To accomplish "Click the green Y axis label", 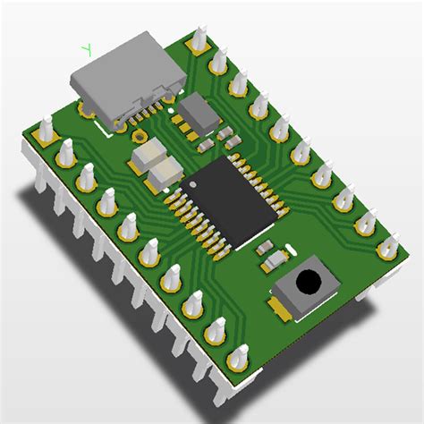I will click(87, 49).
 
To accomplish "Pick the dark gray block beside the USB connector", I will click(199, 111).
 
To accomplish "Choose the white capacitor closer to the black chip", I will click(165, 173).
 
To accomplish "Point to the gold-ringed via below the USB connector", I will click(140, 136).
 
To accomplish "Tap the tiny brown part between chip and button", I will click(265, 247).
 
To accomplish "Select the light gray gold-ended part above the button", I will click(274, 262).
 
